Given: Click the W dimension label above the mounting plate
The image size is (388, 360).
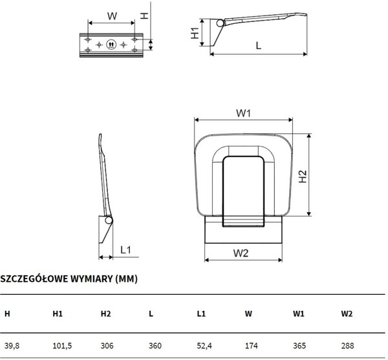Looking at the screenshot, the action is coord(112,16).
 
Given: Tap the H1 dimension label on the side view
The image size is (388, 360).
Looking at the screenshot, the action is coord(195,33).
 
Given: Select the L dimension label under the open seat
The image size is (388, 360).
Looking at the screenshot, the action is coord(258,45).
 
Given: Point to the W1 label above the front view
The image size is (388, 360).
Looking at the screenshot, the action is coord(244,113).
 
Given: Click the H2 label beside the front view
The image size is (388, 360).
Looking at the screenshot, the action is coord(303,176).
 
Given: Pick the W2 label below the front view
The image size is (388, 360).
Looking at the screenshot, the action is coord(241,253).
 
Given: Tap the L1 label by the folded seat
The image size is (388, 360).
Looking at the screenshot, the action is coord(125,249).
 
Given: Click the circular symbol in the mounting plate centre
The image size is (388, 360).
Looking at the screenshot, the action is coord(111,45).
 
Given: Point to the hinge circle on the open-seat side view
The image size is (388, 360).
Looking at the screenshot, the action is coord(220,23).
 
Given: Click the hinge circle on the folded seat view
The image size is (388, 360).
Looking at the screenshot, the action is coord(109,220).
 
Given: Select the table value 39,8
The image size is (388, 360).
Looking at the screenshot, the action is coord(12,346).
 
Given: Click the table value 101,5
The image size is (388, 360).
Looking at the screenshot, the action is coord(62,346).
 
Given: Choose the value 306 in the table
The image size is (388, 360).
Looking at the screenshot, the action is coord(107,345).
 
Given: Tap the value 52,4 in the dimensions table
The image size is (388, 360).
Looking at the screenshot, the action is coord(204,346).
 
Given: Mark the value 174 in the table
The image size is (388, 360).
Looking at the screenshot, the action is coord(252,345).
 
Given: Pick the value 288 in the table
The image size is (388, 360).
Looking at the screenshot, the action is coord(347,345).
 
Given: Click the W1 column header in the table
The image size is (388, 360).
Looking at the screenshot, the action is coord(299,313).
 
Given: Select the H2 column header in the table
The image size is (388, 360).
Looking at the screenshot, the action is coord(105,313).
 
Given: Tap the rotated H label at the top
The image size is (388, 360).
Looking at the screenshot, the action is coord(144,16).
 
